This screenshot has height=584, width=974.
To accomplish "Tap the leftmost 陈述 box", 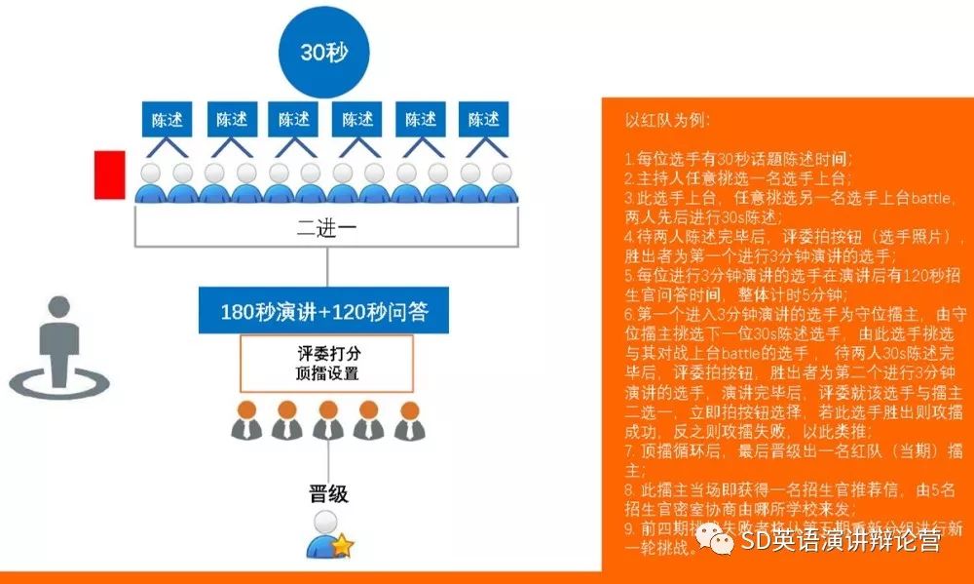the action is click(x=167, y=120).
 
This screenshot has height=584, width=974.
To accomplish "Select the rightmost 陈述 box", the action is click(x=484, y=120).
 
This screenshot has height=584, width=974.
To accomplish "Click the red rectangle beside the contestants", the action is click(x=109, y=175).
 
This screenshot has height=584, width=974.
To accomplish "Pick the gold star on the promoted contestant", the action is click(x=342, y=547).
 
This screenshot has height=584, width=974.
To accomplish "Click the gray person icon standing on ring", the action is click(x=58, y=347).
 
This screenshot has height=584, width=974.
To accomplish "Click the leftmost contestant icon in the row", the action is click(x=151, y=181).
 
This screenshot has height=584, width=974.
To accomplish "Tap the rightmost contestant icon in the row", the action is click(x=502, y=181).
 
